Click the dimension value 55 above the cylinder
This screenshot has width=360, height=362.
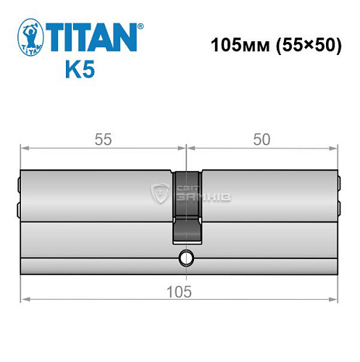[x=101, y=140]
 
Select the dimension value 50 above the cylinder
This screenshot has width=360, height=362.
[x=261, y=140]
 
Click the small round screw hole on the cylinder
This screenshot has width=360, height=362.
[x=187, y=257]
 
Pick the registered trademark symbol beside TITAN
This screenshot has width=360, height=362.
[x=140, y=25]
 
